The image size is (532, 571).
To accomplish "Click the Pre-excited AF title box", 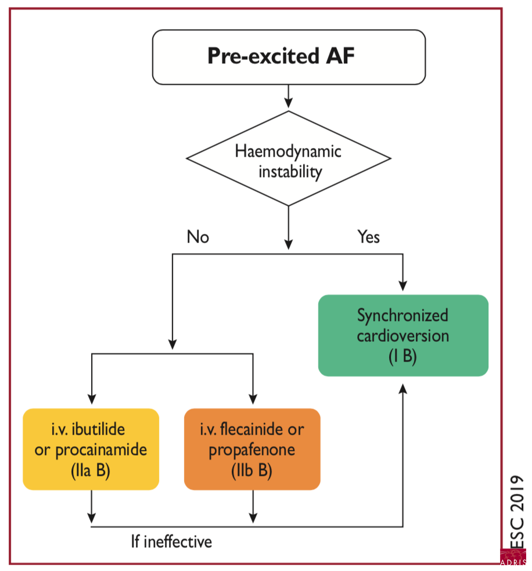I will point(289,57).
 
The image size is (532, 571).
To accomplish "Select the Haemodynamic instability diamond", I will point(289,159).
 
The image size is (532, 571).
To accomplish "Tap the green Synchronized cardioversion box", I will point(403,335).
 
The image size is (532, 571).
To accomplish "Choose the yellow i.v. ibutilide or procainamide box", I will point(91,449).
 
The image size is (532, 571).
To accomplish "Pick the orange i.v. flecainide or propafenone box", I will point(252,449).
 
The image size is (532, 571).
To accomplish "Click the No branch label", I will point(197,237).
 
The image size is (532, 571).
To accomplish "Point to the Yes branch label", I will point(369,237).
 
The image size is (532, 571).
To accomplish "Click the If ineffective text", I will point(171,542).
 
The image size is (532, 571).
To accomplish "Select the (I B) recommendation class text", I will point(403,356).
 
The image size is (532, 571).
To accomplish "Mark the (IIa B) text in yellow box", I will point(91,471).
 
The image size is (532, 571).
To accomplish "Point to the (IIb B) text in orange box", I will point(252,471).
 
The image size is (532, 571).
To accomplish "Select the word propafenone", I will point(252,450).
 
